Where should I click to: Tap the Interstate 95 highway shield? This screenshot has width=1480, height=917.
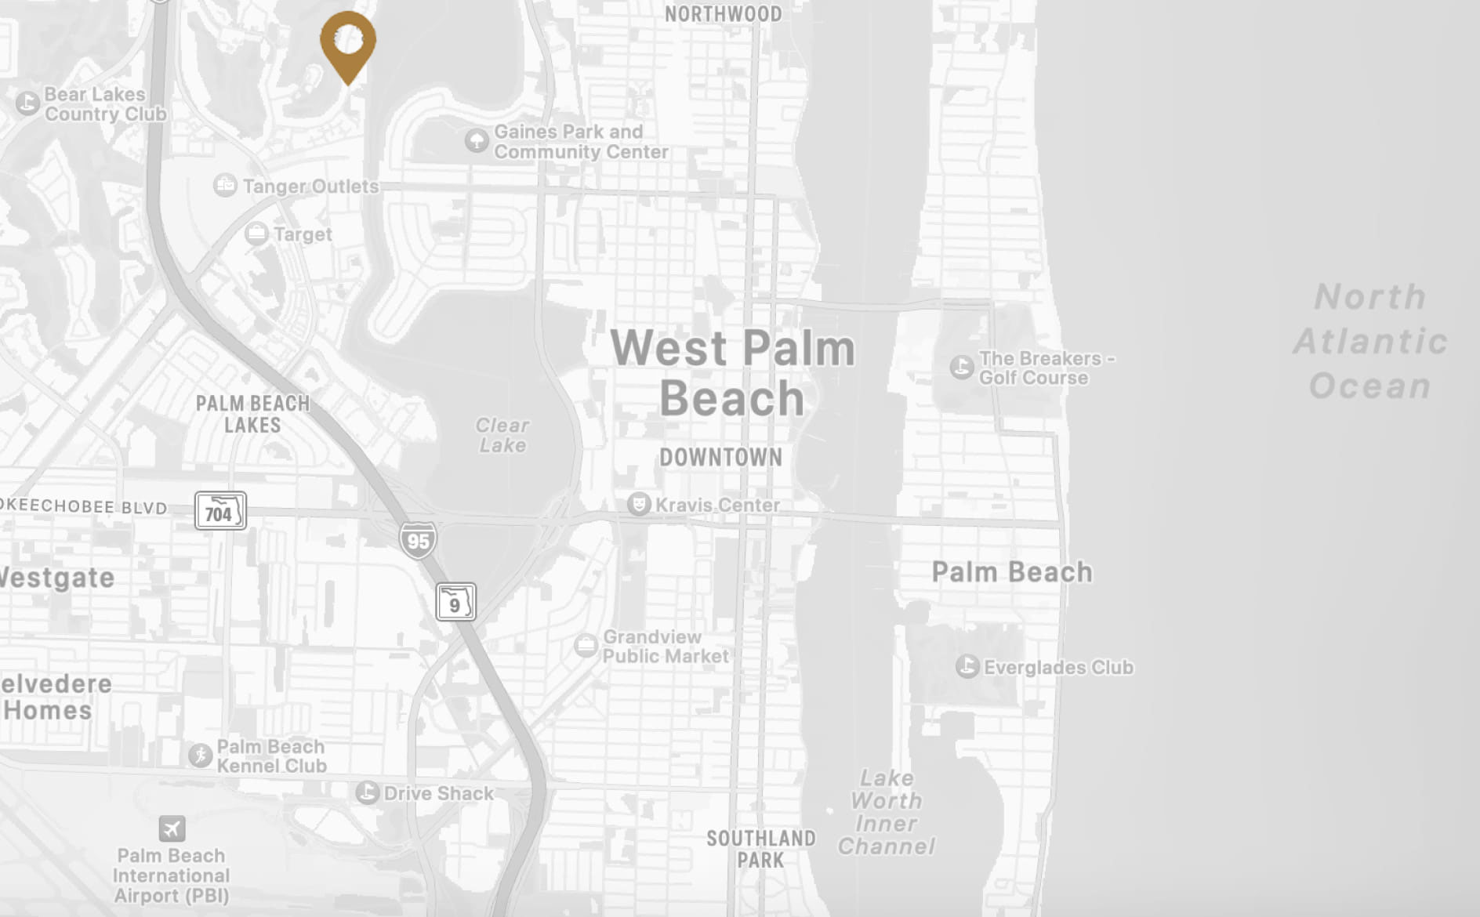[418, 540]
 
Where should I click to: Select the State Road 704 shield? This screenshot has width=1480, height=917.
[220, 511]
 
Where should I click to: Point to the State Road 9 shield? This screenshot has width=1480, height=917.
[455, 602]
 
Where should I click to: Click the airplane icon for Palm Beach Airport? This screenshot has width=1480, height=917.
[172, 828]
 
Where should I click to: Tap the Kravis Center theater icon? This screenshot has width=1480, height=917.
[639, 504]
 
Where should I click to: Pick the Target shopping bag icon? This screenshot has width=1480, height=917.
[256, 234]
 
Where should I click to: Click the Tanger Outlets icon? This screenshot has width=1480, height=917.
[225, 186]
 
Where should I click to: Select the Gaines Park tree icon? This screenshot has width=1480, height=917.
[477, 141]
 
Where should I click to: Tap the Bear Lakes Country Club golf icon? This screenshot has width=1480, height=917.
[28, 103]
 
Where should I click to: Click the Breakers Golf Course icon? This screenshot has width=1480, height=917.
[962, 367]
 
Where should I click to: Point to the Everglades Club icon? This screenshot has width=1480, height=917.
[967, 667]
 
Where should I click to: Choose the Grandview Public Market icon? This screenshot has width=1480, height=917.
[586, 646]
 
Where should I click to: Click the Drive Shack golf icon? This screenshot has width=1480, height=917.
[367, 792]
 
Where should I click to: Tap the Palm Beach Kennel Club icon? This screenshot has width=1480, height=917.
[200, 756]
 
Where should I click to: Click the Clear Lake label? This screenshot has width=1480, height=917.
[502, 435]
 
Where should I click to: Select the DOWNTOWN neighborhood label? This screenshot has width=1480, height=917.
[720, 458]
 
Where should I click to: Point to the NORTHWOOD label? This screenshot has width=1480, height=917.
[723, 14]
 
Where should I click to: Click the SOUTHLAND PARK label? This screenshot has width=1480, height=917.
[760, 849]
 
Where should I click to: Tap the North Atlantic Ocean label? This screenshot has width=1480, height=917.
[1369, 342]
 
